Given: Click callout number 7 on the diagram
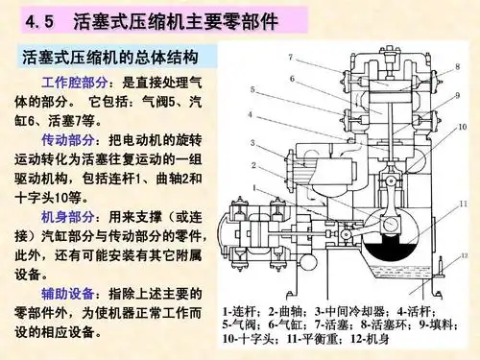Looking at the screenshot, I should (289, 57).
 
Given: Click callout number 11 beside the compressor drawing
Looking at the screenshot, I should (463, 204).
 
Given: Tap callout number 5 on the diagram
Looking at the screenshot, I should (252, 90).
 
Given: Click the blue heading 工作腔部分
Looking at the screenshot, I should (69, 83).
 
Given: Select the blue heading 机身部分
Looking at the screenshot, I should (69, 218).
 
